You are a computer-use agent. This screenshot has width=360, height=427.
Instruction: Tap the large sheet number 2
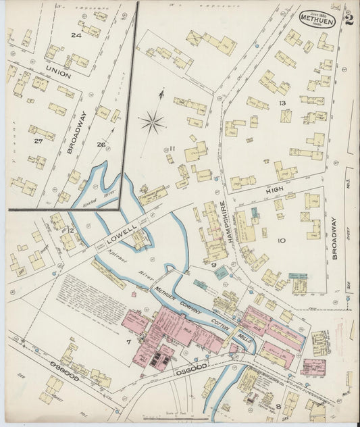click(x=349, y=17)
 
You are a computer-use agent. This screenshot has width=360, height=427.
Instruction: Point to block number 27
click(x=38, y=141)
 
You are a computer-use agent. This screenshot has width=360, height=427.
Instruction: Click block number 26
click(x=101, y=144)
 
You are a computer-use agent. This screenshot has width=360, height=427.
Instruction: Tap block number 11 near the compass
click(x=173, y=149)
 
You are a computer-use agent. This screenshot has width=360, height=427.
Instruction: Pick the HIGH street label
click(x=274, y=192)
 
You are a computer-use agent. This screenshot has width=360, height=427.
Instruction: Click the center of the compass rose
click(x=153, y=122)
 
